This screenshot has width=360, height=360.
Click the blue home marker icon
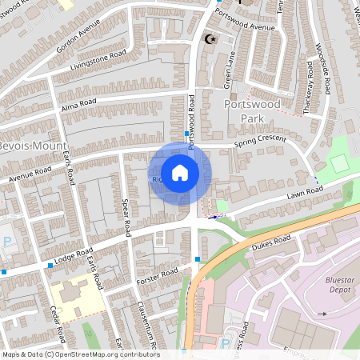pyautogui.click(x=180, y=173)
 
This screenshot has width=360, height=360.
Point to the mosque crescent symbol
pyautogui.click(x=211, y=38)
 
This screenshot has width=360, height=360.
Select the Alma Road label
pyautogui.click(x=78, y=102)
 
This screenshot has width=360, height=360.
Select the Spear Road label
pyautogui.click(x=125, y=216)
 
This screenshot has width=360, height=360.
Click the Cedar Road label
pyautogui.click(x=58, y=320)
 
